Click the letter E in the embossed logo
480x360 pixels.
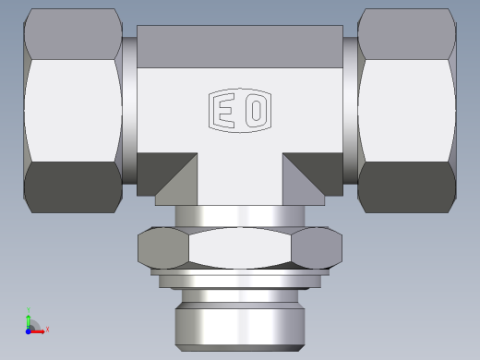click(x=224, y=112)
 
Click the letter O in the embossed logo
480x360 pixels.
click(x=257, y=112)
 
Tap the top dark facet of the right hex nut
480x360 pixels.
click(x=406, y=33)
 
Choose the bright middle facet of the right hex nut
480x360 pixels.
click(x=406, y=109)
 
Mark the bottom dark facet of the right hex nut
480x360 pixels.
click(x=406, y=185)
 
